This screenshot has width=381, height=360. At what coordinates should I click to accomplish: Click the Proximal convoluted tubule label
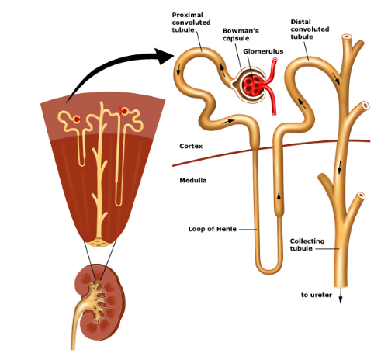pos(191,22)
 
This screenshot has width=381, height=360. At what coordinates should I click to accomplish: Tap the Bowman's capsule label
pos(241,34)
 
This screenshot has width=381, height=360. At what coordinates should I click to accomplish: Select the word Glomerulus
pos(263,51)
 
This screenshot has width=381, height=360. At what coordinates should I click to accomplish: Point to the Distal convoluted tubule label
pos(310,29)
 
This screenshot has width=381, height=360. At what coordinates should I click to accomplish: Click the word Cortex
pos(191,146)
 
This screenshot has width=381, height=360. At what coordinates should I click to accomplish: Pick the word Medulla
pos(193,180)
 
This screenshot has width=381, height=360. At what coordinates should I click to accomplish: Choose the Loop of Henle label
pos(212,229)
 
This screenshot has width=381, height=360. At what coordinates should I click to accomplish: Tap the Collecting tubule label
pos(307,244)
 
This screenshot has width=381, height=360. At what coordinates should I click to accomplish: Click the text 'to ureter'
pos(316,295)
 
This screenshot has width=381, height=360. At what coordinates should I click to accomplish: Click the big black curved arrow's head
pos(164,56)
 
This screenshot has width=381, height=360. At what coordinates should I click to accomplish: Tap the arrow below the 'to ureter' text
pos(341,292)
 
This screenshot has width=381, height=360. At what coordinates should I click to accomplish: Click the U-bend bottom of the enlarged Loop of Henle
pos(268,270)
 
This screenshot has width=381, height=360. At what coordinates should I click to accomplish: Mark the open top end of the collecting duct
pos(347,36)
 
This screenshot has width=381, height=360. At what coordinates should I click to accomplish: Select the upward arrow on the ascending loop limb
pos(279,200)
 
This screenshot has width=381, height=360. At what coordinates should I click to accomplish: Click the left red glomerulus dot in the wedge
pos(77,119)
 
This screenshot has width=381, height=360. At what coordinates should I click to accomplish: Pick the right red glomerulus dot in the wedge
pos(124,112)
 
